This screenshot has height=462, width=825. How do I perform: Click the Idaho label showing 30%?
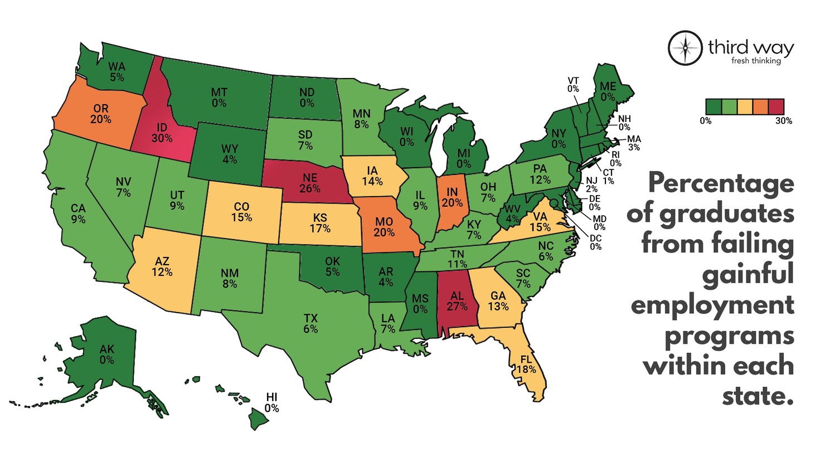pyautogui.click(x=162, y=133)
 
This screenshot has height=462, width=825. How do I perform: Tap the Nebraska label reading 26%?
pyautogui.click(x=310, y=183)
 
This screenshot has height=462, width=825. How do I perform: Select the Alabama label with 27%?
pyautogui.click(x=457, y=301)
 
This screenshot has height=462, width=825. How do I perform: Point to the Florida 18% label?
pyautogui.click(x=526, y=364)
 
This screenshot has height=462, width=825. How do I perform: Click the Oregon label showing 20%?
pyautogui.click(x=101, y=114)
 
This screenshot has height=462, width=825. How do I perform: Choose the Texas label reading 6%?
pyautogui.click(x=310, y=323)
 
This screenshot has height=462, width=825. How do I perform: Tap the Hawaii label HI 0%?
pyautogui.click(x=271, y=402)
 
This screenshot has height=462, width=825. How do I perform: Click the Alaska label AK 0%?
pyautogui.click(x=106, y=354)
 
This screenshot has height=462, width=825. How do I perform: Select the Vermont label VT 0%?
pyautogui.click(x=573, y=85)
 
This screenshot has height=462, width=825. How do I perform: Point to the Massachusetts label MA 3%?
pyautogui.click(x=634, y=143)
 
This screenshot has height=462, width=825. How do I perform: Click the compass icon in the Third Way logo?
pyautogui.click(x=685, y=48)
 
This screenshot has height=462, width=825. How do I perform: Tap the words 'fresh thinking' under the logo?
pyautogui.click(x=756, y=61)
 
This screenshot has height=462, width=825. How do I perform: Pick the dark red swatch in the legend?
pyautogui.click(x=777, y=106)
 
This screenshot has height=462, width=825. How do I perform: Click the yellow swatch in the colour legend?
pyautogui.click(x=745, y=106)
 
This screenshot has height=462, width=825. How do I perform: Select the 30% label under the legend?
pyautogui.click(x=783, y=121)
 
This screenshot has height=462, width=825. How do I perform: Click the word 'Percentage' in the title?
pyautogui.click(x=721, y=183)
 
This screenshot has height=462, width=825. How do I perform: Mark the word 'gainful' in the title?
pyautogui.click(x=748, y=275)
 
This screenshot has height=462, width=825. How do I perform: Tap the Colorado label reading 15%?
pyautogui.click(x=241, y=212)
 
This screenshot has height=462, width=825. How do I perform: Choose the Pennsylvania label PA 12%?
pyautogui.click(x=540, y=174)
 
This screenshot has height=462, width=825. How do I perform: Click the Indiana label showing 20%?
pyautogui.click(x=452, y=197)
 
